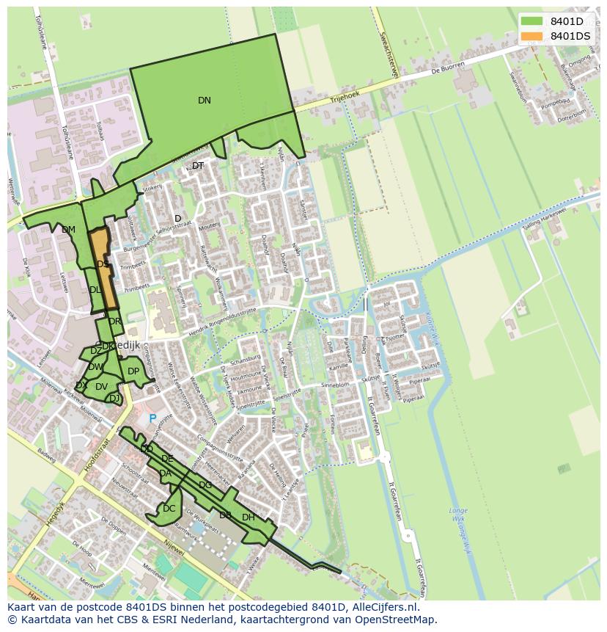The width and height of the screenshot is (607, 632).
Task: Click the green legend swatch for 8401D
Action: pyautogui.click(x=532, y=21)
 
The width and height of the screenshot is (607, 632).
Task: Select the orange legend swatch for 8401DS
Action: pyautogui.click(x=532, y=36)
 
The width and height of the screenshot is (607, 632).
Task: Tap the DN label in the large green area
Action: pyautogui.click(x=205, y=101)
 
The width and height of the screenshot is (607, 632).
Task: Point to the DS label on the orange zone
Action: pyautogui.click(x=103, y=264)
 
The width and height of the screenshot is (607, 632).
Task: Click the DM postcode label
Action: pyautogui.click(x=68, y=230)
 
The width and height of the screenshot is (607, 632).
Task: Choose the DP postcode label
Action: pyautogui.click(x=133, y=371)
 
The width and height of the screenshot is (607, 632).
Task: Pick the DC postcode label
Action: pyautogui.click(x=169, y=509)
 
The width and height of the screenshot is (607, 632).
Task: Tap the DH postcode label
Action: pyautogui.click(x=249, y=517)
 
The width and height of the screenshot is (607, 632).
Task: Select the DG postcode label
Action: pyautogui.click(x=205, y=485)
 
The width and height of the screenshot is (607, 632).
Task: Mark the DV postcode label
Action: pyautogui.click(x=101, y=387)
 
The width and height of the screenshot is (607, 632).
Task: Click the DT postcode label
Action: pyautogui.click(x=198, y=166)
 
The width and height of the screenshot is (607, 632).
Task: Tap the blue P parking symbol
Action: pyautogui.click(x=152, y=419)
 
